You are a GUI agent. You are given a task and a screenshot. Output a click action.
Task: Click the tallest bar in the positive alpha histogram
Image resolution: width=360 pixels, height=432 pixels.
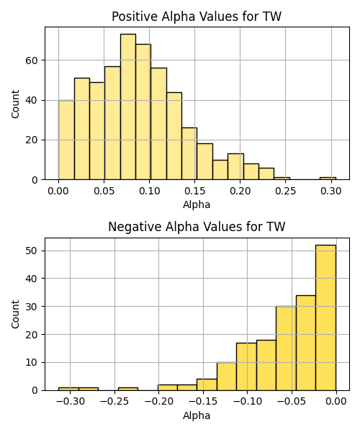[128, 107]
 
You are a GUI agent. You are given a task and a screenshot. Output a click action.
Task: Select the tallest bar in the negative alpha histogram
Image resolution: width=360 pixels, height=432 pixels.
[326, 318]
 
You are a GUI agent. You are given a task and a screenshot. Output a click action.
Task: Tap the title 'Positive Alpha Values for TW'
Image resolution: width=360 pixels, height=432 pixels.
[197, 17]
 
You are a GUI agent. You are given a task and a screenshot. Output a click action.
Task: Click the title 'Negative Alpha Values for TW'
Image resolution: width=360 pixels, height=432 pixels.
[197, 227]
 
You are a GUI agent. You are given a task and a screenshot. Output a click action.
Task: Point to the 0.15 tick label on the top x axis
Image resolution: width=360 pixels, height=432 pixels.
[194, 191]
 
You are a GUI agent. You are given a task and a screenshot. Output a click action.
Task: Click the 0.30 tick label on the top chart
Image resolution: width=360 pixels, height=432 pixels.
[331, 191]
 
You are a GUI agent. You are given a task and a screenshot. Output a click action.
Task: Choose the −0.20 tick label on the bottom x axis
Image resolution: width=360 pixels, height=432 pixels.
[158, 402]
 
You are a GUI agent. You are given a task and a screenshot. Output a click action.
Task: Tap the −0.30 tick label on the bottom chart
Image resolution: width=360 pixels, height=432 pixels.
[70, 402]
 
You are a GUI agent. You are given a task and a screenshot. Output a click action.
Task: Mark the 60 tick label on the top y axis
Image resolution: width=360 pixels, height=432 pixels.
[32, 60]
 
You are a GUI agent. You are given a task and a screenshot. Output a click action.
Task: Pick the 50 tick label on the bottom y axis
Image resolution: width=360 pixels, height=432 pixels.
[32, 251]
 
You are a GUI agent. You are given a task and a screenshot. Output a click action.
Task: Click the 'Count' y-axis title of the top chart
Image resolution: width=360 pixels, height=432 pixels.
[15, 104]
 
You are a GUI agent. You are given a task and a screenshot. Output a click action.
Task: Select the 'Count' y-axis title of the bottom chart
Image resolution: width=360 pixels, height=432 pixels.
[15, 315]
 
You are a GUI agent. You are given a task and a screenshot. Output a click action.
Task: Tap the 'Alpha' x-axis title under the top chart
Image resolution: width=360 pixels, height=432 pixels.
[197, 204]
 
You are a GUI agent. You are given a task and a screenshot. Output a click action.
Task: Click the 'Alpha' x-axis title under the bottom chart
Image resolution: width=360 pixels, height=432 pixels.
[197, 415]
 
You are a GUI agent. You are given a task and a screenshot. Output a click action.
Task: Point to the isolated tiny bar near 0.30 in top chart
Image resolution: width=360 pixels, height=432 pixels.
[328, 179]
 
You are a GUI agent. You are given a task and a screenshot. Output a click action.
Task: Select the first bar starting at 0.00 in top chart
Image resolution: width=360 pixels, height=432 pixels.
[66, 140]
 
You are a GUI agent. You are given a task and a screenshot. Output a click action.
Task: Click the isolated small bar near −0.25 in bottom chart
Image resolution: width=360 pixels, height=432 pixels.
[128, 389]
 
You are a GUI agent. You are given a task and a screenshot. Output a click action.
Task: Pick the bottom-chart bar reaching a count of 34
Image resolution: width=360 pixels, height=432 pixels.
[306, 343]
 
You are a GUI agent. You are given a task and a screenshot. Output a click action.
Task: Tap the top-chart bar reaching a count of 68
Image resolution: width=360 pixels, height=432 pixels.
[143, 112]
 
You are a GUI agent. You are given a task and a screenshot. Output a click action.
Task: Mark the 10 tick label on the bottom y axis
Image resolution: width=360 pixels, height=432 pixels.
[32, 363]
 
